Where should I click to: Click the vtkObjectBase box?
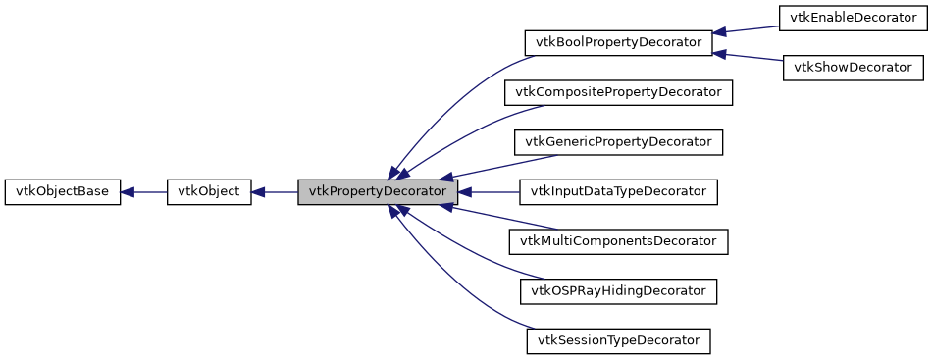tap(63, 192)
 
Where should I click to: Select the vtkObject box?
tap(209, 192)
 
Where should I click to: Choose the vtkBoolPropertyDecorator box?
tap(618, 43)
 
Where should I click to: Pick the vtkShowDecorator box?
tap(853, 68)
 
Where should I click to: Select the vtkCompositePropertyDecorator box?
tap(618, 93)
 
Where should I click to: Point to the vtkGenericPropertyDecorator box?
tap(618, 142)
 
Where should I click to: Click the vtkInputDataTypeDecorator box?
tap(618, 192)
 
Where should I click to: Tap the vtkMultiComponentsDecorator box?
tap(618, 241)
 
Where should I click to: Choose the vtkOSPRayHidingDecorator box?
tap(618, 291)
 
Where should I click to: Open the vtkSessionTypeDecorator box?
tap(618, 341)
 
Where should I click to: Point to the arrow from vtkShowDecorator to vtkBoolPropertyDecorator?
tap(748, 55)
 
